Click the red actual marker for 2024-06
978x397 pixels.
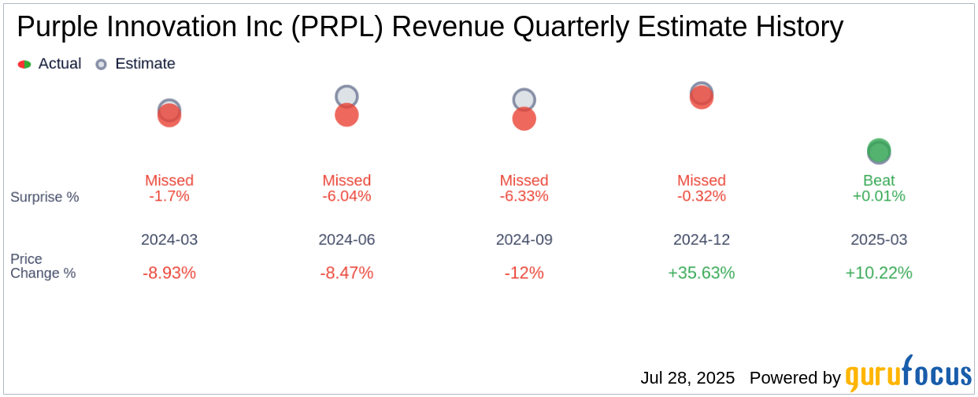tap(346, 115)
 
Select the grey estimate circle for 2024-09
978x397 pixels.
tap(524, 99)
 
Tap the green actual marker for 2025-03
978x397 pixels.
tap(879, 151)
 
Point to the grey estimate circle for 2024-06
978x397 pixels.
tap(346, 96)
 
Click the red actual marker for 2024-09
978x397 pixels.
tap(524, 119)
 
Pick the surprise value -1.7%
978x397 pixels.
tap(169, 196)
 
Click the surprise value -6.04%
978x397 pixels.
tap(346, 196)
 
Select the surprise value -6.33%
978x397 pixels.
tap(524, 196)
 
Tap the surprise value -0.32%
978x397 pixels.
tap(701, 196)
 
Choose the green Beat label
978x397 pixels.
tap(879, 180)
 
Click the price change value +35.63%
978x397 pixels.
tap(701, 273)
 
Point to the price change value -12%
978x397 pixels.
tap(524, 273)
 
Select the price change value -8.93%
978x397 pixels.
tap(169, 273)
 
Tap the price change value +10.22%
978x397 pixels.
tap(879, 273)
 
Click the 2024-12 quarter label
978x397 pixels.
tap(701, 239)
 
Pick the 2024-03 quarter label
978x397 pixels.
tap(169, 239)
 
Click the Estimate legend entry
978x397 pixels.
tap(135, 64)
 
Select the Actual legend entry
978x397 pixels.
tap(50, 64)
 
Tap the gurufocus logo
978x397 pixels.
tap(908, 374)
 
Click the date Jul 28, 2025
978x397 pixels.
tap(687, 378)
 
